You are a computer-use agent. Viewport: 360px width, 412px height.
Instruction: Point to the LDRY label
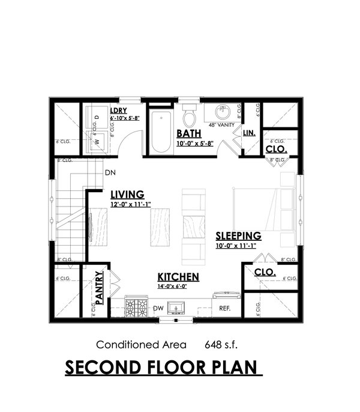click(x=118, y=112)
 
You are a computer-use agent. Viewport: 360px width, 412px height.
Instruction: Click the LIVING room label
click(x=127, y=194)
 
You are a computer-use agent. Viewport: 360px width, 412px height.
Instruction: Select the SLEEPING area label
click(x=238, y=235)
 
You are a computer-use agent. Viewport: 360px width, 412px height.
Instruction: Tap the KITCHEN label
click(x=178, y=276)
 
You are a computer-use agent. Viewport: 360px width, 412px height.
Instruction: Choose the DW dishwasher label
click(x=158, y=309)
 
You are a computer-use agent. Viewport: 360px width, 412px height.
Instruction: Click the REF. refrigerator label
click(x=225, y=309)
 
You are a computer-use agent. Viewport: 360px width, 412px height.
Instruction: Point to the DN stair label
click(x=110, y=172)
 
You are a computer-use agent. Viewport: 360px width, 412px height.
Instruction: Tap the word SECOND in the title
click(x=100, y=367)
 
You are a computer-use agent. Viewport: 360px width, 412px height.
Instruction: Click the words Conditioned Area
click(x=132, y=345)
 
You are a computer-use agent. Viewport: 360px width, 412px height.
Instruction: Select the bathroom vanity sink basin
click(x=223, y=111)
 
